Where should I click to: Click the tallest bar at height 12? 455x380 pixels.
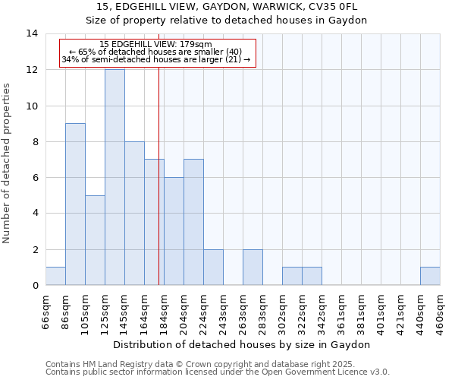click(x=115, y=177)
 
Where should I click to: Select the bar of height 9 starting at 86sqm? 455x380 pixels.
click(x=75, y=204)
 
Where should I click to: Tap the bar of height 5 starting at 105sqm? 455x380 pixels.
click(x=95, y=240)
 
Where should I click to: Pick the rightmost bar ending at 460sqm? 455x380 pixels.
click(x=430, y=277)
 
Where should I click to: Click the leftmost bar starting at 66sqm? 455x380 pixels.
click(x=55, y=277)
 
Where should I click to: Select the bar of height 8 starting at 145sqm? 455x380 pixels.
click(x=134, y=214)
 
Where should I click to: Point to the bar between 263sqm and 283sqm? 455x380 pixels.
click(x=253, y=268)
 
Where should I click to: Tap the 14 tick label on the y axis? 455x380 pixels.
click(x=32, y=33)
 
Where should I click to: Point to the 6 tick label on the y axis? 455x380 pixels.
click(x=35, y=178)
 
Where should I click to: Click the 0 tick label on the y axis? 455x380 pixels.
click(x=35, y=286)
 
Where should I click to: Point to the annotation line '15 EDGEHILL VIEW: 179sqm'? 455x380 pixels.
click(x=156, y=45)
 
